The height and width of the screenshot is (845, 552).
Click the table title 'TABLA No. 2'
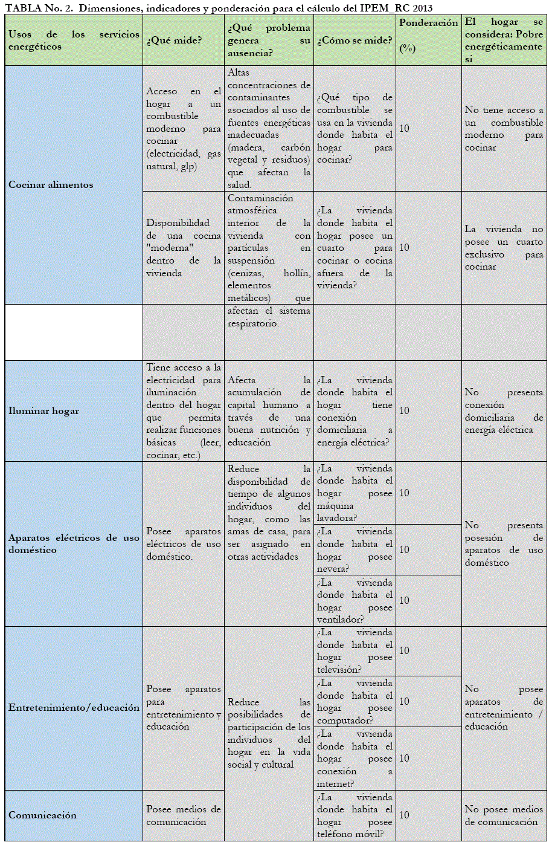(39, 8)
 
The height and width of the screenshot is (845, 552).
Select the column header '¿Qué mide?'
(174, 40)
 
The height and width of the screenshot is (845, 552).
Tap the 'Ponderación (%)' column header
(428, 35)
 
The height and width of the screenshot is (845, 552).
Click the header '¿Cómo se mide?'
(355, 40)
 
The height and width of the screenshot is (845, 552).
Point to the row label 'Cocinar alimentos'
(51, 185)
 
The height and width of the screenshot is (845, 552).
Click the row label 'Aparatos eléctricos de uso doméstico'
(74, 544)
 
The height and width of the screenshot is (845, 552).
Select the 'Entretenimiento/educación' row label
(74, 708)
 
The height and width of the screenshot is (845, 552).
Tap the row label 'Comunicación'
(42, 815)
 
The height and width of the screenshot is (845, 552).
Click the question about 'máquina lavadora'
(355, 493)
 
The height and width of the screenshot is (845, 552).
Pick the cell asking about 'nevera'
(355, 550)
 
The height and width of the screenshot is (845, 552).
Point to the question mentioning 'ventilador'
(355, 601)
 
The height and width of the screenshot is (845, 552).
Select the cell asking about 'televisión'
(355, 651)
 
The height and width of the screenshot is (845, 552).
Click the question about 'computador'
(355, 702)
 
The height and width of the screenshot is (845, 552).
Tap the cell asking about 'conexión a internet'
(355, 759)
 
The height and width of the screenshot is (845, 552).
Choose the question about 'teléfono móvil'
(355, 815)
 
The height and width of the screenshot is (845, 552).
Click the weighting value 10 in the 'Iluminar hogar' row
(404, 411)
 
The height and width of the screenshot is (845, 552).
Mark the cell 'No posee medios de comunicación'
(504, 815)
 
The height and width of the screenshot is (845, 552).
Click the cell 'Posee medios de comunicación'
(184, 815)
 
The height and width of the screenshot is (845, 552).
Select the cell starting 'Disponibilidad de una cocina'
(184, 248)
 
